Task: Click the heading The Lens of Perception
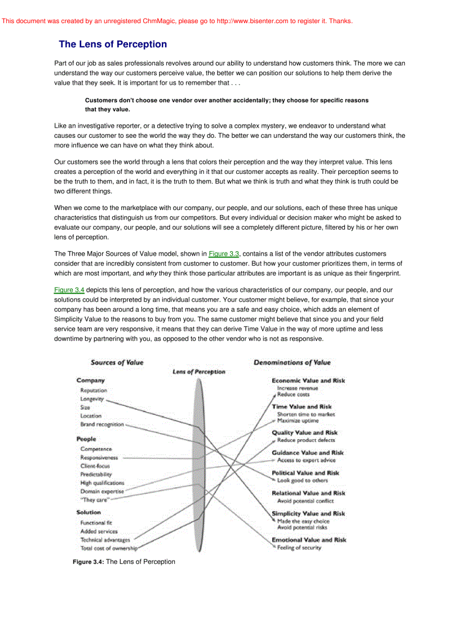(x=113, y=44)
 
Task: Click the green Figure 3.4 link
(x=69, y=290)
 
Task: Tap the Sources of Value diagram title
(x=117, y=362)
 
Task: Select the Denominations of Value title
(x=292, y=362)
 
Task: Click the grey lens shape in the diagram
(x=197, y=463)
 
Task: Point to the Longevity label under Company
(x=92, y=399)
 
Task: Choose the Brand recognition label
(x=102, y=425)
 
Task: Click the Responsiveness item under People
(x=99, y=457)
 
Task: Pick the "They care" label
(x=95, y=500)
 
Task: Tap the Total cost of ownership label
(x=108, y=548)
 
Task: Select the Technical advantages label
(x=105, y=540)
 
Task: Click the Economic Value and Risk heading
(x=308, y=381)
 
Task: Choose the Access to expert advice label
(x=306, y=460)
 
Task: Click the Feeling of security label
(x=299, y=548)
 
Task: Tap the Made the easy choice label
(x=303, y=521)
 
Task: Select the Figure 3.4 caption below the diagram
(x=124, y=562)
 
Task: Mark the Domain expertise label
(x=102, y=491)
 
